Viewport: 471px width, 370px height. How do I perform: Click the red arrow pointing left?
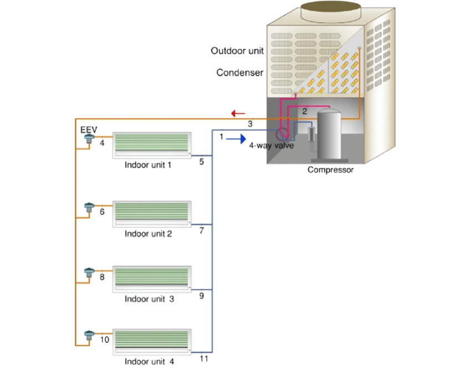point(238,114)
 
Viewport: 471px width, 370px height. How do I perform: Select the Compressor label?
point(330,170)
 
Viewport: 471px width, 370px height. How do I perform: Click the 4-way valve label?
point(272,146)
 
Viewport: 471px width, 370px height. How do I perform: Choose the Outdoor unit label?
point(237,51)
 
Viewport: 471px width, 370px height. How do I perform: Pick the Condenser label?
point(240,73)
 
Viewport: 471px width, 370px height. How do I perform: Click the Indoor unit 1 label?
point(148,165)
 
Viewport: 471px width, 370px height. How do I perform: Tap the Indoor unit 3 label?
point(149,299)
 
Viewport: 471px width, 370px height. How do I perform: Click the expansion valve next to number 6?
point(88,208)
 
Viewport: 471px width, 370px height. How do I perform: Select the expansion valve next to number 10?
point(88,336)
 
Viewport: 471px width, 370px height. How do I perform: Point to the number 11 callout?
point(203,359)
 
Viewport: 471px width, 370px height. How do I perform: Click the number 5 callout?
point(202,162)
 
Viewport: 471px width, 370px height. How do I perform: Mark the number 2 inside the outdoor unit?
point(304,111)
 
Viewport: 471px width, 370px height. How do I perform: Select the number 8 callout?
point(102,276)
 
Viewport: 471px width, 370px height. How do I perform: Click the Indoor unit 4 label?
point(149,362)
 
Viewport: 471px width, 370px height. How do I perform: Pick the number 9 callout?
point(202,296)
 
